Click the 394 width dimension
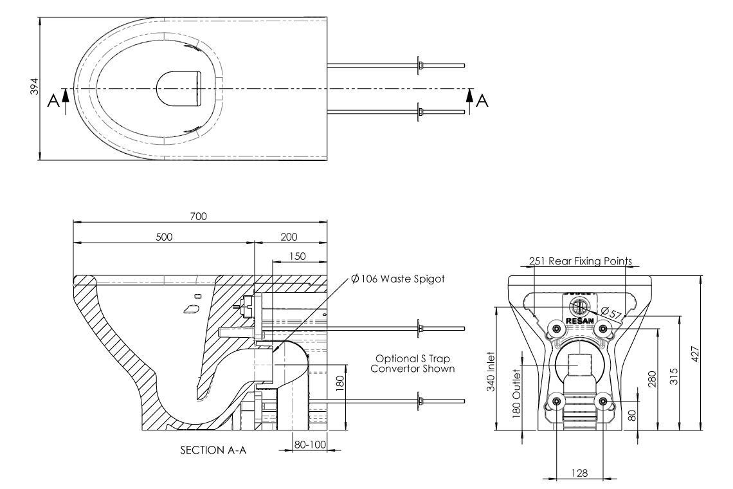(35, 88)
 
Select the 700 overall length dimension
(199, 216)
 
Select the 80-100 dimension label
(309, 444)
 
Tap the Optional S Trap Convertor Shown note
(415, 364)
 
